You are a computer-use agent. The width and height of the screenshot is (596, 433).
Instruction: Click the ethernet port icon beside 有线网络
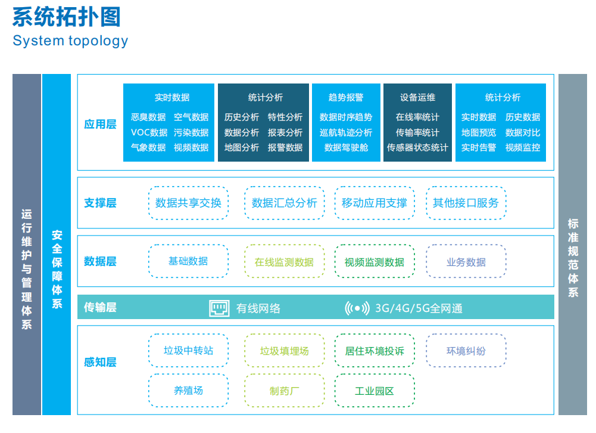219,308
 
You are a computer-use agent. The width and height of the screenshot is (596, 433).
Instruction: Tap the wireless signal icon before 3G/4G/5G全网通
357,308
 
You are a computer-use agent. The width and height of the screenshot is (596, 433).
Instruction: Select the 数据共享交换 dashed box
189,203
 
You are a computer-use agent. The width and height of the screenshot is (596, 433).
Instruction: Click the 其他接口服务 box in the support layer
466,203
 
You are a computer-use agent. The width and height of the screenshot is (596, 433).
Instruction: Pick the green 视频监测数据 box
375,262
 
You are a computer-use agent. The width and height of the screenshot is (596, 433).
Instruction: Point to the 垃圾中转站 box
189,350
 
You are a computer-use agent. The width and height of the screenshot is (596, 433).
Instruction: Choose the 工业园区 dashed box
375,391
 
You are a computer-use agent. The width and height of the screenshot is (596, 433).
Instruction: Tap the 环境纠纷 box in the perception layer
466,350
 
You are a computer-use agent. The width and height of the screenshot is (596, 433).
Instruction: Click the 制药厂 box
285,391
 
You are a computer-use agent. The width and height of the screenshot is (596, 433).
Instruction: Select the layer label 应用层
100,124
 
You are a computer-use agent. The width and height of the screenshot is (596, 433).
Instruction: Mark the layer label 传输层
100,307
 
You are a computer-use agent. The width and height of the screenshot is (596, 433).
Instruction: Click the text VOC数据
149,132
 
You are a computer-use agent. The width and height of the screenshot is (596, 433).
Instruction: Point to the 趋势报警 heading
346,97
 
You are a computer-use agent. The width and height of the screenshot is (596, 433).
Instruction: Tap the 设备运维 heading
417,97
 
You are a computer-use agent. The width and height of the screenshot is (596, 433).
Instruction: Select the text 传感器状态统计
417,148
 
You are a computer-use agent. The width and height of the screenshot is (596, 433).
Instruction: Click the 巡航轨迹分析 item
346,132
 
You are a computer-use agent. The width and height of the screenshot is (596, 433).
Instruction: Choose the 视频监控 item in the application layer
523,148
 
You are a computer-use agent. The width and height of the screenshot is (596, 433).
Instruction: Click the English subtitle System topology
70,41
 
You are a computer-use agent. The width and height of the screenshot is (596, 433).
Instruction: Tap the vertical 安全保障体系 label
57,268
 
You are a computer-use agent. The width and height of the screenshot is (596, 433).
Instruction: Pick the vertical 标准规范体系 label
573,258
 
